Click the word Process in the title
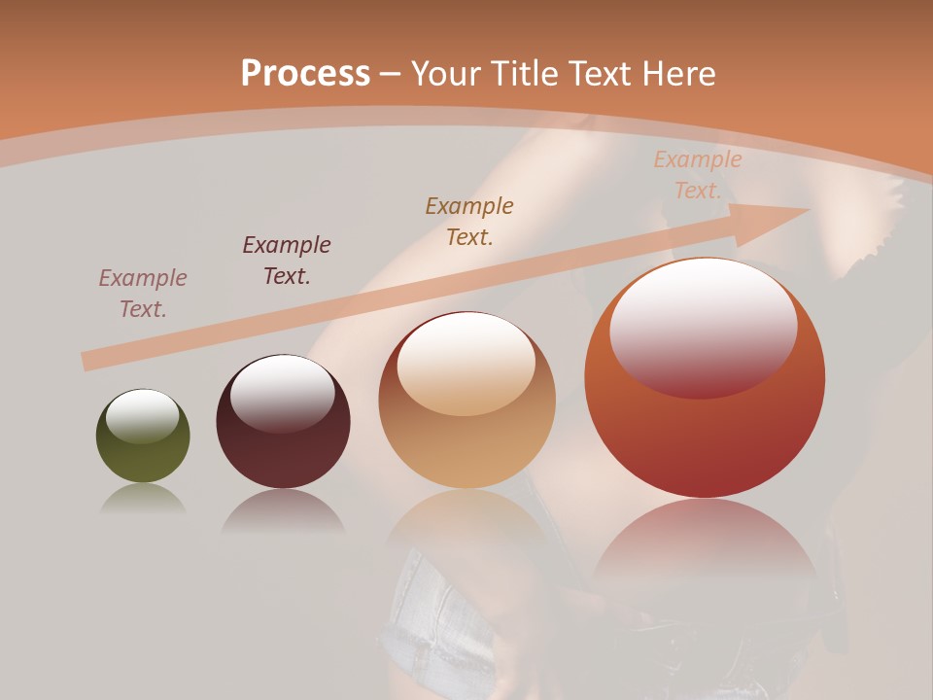click(305, 73)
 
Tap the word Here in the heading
click(677, 73)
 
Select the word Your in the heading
click(447, 73)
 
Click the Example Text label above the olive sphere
click(143, 293)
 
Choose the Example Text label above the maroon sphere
click(287, 260)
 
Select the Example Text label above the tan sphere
click(469, 221)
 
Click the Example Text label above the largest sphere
click(698, 175)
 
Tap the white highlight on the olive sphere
click(143, 416)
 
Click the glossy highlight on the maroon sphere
click(282, 393)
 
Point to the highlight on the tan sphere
click(466, 365)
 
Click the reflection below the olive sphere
click(143, 501)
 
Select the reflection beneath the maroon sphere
click(283, 511)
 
